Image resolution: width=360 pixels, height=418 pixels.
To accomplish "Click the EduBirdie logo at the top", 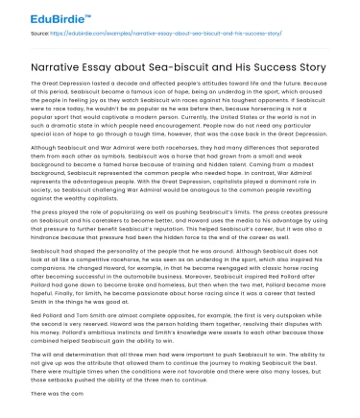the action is pos(37,15).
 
